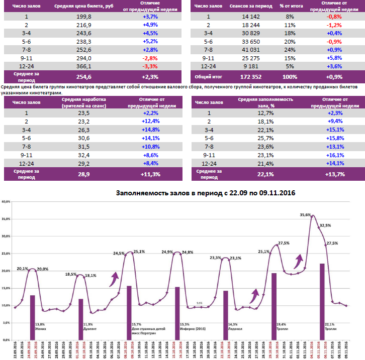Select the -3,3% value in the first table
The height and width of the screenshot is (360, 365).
[x=150, y=66]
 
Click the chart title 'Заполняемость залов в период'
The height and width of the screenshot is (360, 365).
[x=205, y=193]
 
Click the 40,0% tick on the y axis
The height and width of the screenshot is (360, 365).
[x=6, y=201]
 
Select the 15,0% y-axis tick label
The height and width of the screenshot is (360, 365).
[x=6, y=288]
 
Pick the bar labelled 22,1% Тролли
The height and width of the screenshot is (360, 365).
[x=322, y=301]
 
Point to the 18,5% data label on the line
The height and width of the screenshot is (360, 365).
[x=71, y=274]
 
